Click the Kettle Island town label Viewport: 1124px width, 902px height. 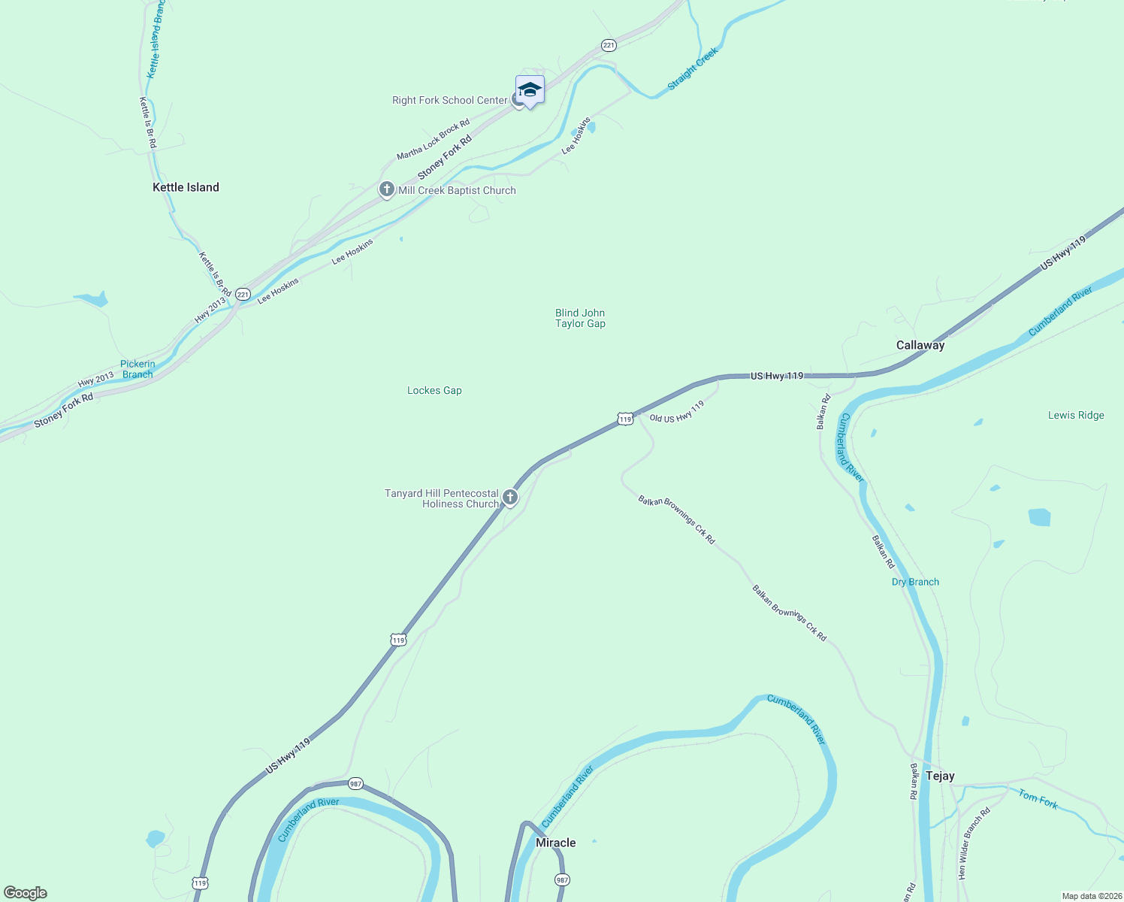click(x=186, y=187)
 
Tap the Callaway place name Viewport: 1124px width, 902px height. click(x=920, y=345)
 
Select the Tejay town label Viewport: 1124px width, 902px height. click(x=940, y=776)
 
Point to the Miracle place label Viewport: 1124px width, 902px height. click(x=555, y=843)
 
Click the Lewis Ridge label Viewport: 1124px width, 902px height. click(x=1076, y=415)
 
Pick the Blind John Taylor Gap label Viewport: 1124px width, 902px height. click(x=580, y=318)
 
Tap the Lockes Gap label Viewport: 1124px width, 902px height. click(x=434, y=390)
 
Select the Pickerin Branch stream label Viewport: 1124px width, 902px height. click(x=137, y=369)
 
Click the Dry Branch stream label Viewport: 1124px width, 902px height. click(x=915, y=582)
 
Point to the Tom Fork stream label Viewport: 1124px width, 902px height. click(x=1038, y=799)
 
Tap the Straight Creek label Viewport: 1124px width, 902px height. click(x=692, y=68)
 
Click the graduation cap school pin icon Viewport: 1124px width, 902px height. click(x=530, y=89)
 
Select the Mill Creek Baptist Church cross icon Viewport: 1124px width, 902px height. click(x=387, y=189)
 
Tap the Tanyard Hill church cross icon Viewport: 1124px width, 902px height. click(x=509, y=497)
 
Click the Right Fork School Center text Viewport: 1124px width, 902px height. click(x=449, y=100)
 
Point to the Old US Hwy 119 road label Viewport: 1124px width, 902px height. click(x=677, y=412)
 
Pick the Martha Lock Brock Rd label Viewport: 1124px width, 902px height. click(x=433, y=139)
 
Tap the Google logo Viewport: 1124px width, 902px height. click(x=26, y=893)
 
